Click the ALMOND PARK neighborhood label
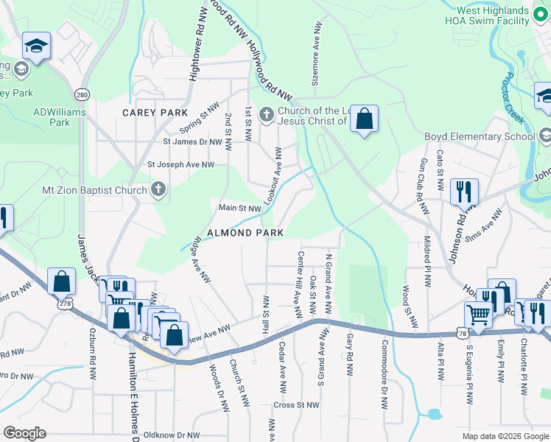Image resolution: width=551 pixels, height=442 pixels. click(245, 233)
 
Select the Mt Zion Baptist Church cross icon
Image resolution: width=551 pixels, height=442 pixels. click(158, 190)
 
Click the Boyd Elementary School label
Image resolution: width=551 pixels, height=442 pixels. click(480, 136)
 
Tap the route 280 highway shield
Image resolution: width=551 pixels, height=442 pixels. click(82, 95)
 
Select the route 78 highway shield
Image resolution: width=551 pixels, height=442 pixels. click(461, 334)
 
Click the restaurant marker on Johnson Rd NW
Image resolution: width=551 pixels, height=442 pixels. click(464, 192)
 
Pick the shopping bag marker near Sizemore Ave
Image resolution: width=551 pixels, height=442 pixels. click(364, 118)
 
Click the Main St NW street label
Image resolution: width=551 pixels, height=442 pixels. click(240, 208)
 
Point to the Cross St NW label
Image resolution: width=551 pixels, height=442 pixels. click(296, 405)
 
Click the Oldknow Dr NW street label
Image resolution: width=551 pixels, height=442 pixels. click(172, 435)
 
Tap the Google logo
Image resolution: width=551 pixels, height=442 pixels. click(24, 433)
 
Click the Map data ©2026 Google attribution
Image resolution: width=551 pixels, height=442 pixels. click(505, 436)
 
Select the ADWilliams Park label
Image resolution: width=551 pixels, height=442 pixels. click(60, 118)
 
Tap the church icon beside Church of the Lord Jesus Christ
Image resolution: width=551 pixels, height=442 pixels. click(267, 114)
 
